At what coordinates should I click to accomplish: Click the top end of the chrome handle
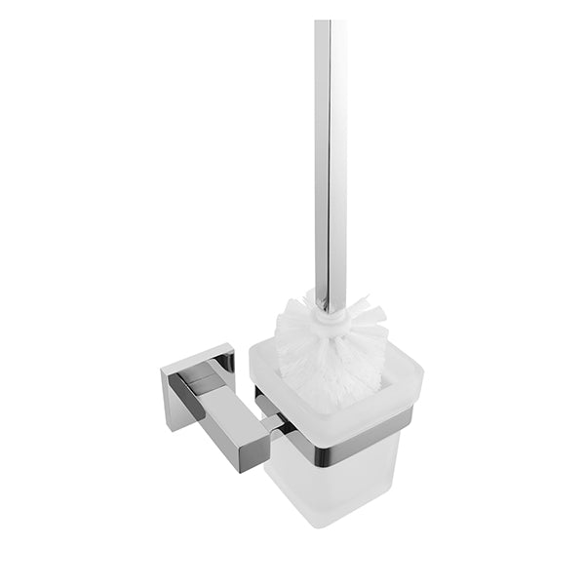331,4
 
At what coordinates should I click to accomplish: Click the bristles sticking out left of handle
292,331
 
